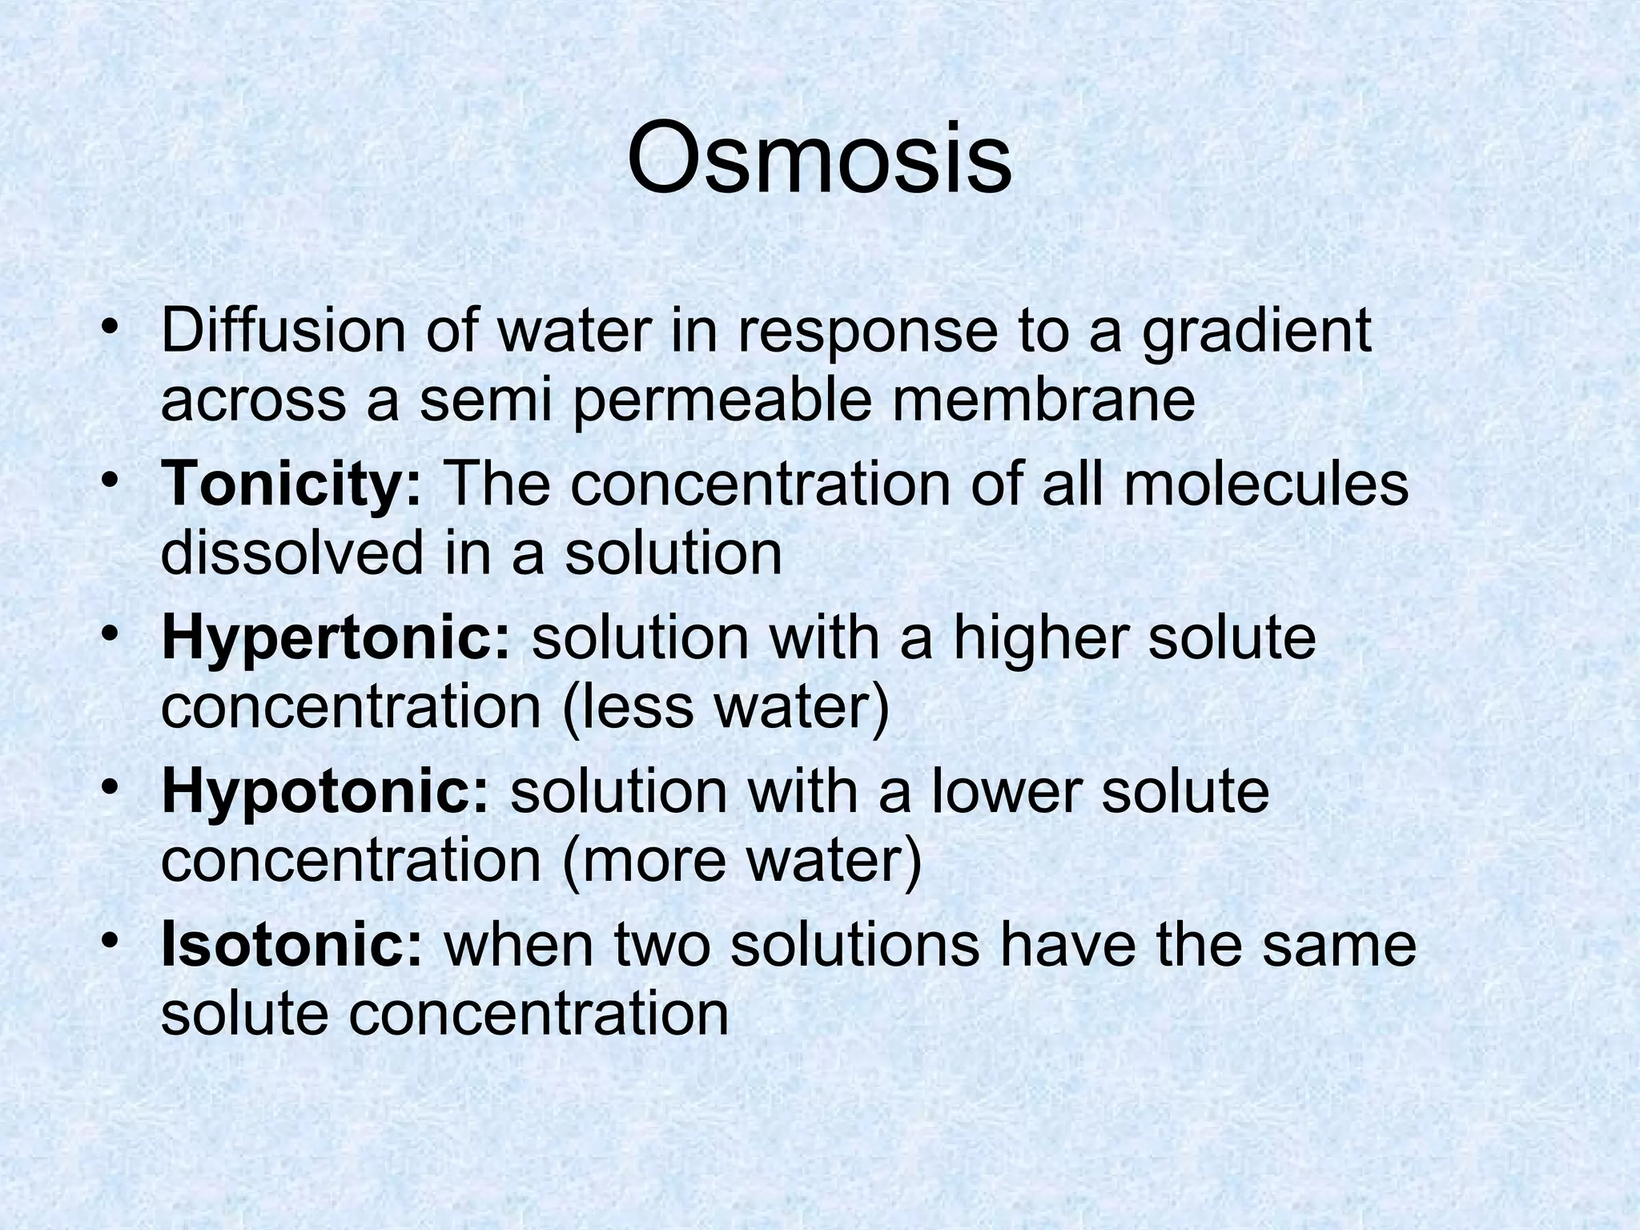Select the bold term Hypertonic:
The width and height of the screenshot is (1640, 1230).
click(336, 637)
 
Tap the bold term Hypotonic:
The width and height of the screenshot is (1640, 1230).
click(324, 790)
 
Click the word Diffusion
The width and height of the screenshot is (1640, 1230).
click(283, 330)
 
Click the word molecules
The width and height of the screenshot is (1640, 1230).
click(1265, 484)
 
